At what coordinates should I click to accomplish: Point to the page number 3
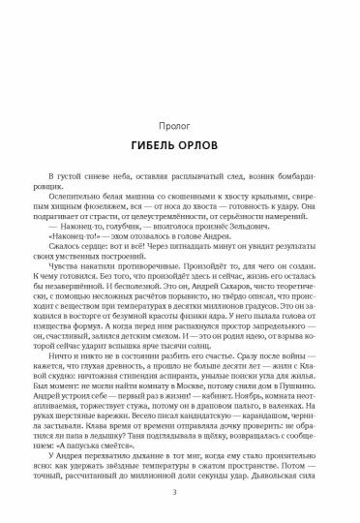(180, 495)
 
